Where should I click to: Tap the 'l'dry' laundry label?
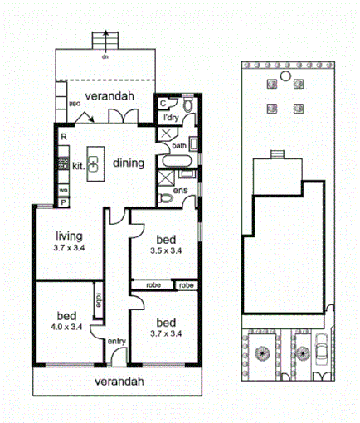point(171,118)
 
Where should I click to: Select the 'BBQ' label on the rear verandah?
point(75,104)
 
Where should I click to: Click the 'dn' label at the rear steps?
point(105,56)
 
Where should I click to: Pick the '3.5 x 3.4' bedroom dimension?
point(167,250)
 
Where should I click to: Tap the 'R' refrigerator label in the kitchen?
point(64,135)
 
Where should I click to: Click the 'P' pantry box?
point(62,201)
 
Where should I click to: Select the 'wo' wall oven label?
point(63,189)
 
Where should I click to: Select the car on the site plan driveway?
point(320,353)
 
